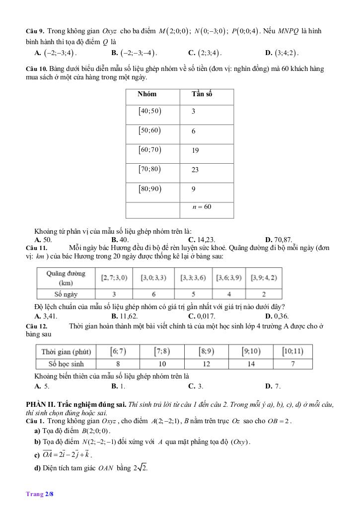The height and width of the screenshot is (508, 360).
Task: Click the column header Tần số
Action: (x=202, y=94)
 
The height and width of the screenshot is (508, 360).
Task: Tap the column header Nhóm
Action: (x=147, y=94)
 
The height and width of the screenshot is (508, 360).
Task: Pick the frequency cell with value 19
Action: (x=195, y=150)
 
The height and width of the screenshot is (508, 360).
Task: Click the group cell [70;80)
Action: (x=149, y=169)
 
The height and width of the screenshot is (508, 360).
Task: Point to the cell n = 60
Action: (x=202, y=206)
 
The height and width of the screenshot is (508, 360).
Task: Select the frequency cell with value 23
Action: (x=195, y=170)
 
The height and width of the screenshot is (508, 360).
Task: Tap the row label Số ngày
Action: (x=66, y=294)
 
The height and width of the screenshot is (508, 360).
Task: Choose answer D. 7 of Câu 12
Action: (x=273, y=386)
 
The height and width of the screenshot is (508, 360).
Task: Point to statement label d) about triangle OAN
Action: (x=37, y=467)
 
